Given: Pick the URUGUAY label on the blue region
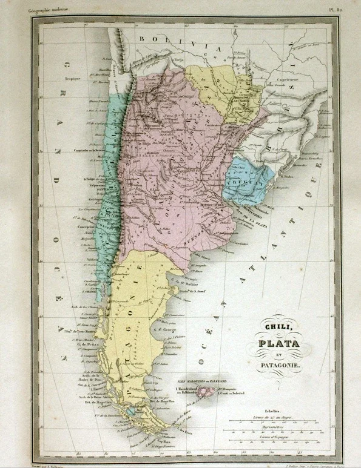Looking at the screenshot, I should point(243,181).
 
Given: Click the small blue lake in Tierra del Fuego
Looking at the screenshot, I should point(132,410).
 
